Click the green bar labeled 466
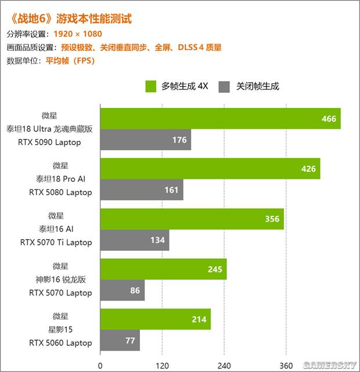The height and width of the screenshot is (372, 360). click(x=220, y=118)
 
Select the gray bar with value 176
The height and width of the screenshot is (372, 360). click(x=146, y=140)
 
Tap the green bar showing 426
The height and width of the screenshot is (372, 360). click(x=210, y=169)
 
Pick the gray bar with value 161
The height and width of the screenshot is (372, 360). click(x=142, y=190)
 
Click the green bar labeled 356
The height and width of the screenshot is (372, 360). click(x=192, y=219)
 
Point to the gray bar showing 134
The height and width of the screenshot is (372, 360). click(x=135, y=240)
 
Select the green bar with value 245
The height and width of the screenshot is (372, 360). click(x=163, y=269)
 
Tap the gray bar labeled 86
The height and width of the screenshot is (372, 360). click(x=123, y=290)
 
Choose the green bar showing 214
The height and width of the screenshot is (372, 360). click(x=155, y=319)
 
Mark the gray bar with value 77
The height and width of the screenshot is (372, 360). click(x=120, y=341)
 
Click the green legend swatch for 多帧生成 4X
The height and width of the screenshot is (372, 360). click(x=151, y=86)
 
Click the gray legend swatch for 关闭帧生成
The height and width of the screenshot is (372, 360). click(x=224, y=86)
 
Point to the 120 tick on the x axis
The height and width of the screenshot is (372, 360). click(x=162, y=365)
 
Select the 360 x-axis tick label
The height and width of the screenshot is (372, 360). click(x=286, y=365)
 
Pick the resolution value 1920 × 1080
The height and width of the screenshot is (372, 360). click(x=78, y=34)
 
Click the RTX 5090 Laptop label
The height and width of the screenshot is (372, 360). click(x=57, y=142)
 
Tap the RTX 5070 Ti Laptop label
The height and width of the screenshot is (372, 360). click(x=56, y=243)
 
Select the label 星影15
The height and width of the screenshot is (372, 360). click(x=60, y=329)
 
